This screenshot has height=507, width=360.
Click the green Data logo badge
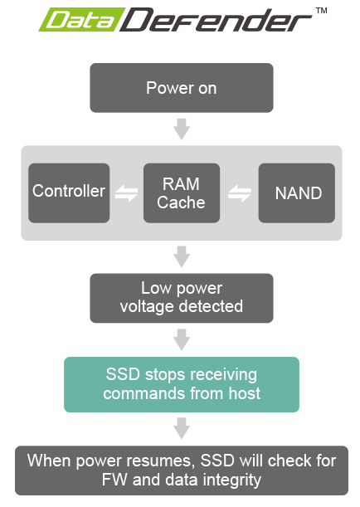pos(81,20)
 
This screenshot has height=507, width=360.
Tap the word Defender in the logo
pos(216,20)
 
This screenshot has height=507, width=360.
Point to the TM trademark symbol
pos(322,11)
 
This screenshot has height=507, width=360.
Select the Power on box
pos(182,88)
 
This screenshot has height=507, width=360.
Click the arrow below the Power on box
pos(182,129)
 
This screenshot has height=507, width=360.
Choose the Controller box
pos(69,193)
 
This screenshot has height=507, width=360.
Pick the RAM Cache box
pos(182,193)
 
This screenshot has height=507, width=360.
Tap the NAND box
pos(297,193)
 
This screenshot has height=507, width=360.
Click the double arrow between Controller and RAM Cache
pos(126,193)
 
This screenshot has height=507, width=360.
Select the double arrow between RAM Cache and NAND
pos(240,193)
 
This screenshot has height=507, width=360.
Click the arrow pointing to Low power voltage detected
pos(182,256)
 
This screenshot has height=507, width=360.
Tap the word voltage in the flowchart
pos(147,307)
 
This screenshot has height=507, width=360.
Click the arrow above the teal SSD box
pos(182,340)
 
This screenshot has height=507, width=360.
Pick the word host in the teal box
pos(245,393)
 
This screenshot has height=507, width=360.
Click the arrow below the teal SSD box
pos(182,428)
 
